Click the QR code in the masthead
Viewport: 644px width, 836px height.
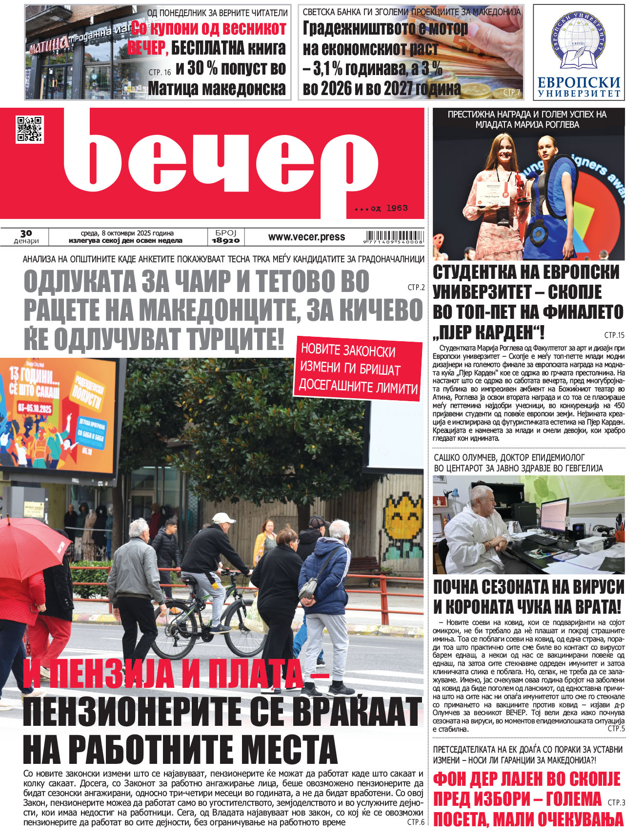[30, 129]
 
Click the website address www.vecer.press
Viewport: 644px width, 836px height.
[306, 237]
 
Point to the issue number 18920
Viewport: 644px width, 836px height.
[225, 240]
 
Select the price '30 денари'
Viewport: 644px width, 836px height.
[26, 236]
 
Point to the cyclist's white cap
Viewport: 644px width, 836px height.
[223, 518]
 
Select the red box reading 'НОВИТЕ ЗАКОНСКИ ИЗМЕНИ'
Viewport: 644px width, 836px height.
[358, 369]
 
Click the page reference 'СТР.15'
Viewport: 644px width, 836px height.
[614, 335]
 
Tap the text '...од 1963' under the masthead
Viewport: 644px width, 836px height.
[381, 208]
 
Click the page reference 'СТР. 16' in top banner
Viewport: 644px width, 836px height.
[160, 72]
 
